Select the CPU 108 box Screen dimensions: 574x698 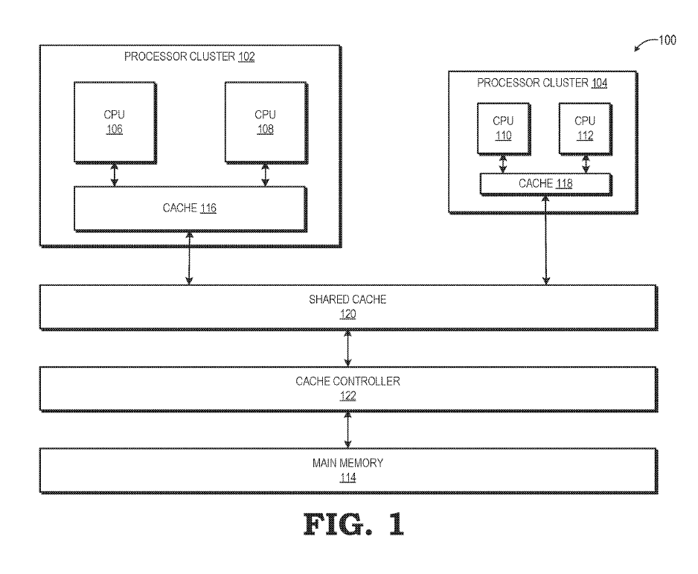pos(265,121)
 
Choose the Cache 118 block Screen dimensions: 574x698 pos(546,184)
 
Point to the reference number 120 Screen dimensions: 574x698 pos(348,314)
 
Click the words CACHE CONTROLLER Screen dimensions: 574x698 pos(348,381)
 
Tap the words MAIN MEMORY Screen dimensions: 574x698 pos(348,463)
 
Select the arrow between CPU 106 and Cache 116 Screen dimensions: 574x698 pos(114,174)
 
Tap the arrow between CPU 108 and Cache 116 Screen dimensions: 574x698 pos(265,174)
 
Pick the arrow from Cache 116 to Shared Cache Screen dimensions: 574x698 pos(190,258)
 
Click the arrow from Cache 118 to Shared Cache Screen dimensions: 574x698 pos(548,240)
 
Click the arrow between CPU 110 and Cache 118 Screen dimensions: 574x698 pos(502,162)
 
